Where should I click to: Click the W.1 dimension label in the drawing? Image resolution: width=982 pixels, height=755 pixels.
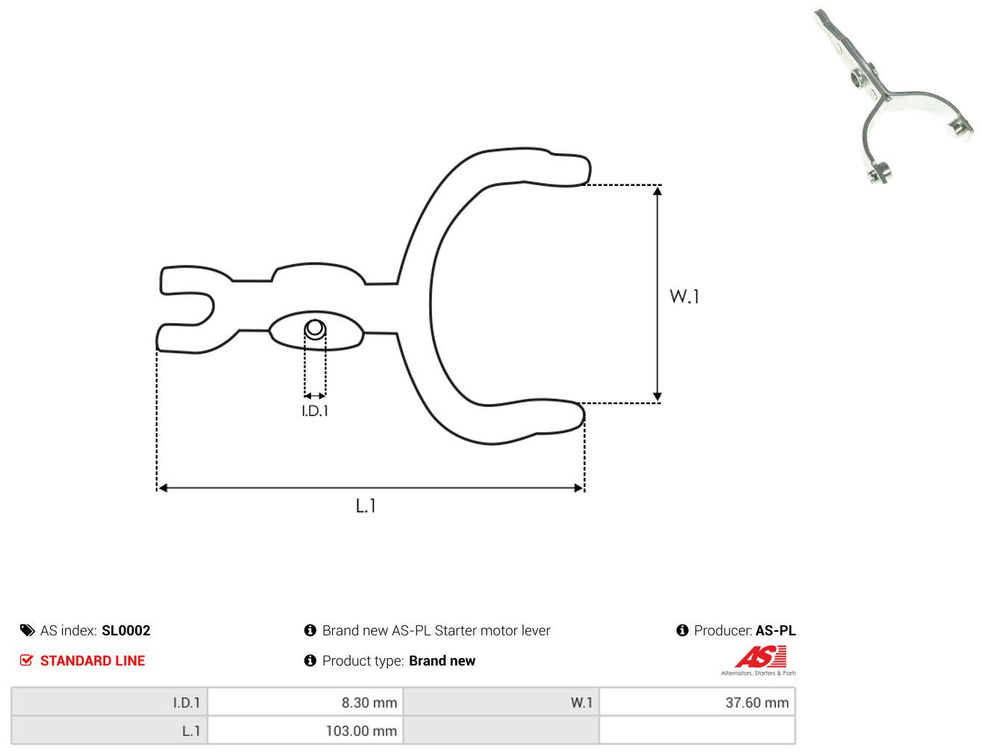[x=684, y=296]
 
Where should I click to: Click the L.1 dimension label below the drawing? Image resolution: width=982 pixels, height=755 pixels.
[x=365, y=506]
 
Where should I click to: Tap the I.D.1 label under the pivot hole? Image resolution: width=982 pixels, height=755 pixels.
[x=315, y=411]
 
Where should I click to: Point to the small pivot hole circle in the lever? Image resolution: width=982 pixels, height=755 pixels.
[x=315, y=329]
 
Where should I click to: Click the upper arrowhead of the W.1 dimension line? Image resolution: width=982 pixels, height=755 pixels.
[x=657, y=190]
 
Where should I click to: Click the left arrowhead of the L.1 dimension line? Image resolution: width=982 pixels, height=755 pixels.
[x=163, y=488]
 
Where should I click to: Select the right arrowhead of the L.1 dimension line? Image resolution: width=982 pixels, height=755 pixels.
[x=578, y=488]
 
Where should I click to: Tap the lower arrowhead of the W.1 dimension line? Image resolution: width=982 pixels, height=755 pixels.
[x=657, y=397]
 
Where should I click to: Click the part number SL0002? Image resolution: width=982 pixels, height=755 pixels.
[x=125, y=630]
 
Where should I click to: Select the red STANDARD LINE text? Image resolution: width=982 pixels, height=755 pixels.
[x=93, y=660]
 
